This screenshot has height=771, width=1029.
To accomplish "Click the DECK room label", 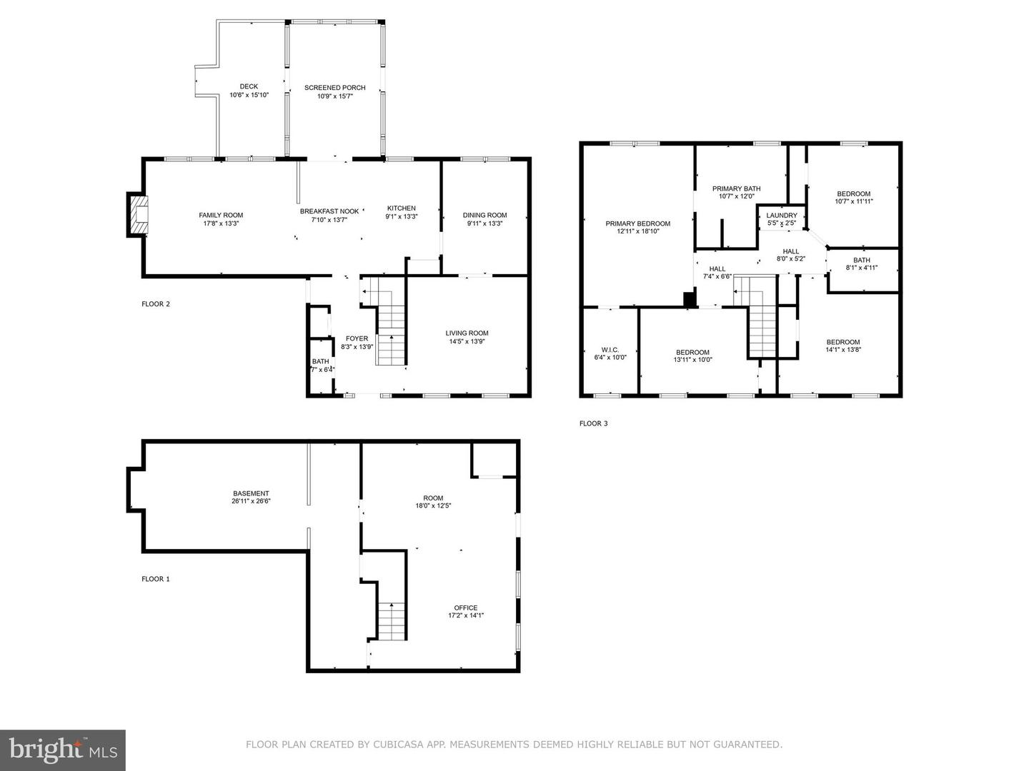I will (249, 86).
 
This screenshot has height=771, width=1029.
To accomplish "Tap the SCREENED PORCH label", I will (334, 88).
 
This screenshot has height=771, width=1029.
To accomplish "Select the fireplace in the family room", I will (139, 215).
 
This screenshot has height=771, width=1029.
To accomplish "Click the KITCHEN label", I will (401, 208).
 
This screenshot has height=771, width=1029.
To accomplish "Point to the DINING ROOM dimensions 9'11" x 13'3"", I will (484, 223).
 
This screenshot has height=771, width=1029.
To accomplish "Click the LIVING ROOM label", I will (467, 333).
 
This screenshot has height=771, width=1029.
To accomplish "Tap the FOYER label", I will (357, 338).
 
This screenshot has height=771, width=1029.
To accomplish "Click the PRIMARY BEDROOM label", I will (637, 223).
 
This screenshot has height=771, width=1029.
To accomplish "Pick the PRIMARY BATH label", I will (736, 188).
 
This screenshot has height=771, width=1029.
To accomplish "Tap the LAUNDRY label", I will (781, 216).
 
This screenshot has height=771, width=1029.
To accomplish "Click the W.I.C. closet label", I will (610, 350).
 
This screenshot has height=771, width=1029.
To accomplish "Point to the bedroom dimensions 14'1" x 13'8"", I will (843, 350).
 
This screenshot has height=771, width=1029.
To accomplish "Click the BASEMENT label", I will (251, 493).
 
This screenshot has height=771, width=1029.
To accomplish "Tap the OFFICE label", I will (466, 608).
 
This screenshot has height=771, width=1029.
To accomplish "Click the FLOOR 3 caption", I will (593, 423).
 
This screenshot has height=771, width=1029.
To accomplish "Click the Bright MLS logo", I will (63, 750).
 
